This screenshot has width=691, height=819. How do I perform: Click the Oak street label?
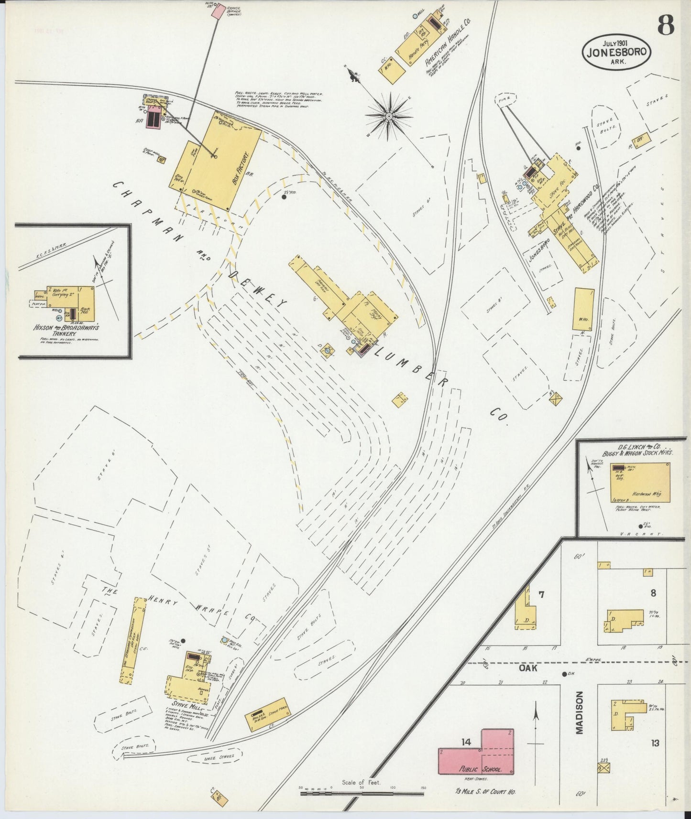(x=528, y=668)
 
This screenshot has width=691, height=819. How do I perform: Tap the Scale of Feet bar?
(x=362, y=794)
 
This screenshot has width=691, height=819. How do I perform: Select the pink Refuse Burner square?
(x=218, y=11)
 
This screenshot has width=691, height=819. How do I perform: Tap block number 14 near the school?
(x=467, y=742)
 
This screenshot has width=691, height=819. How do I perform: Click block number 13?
(x=655, y=743)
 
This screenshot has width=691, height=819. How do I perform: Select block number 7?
(x=541, y=595)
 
